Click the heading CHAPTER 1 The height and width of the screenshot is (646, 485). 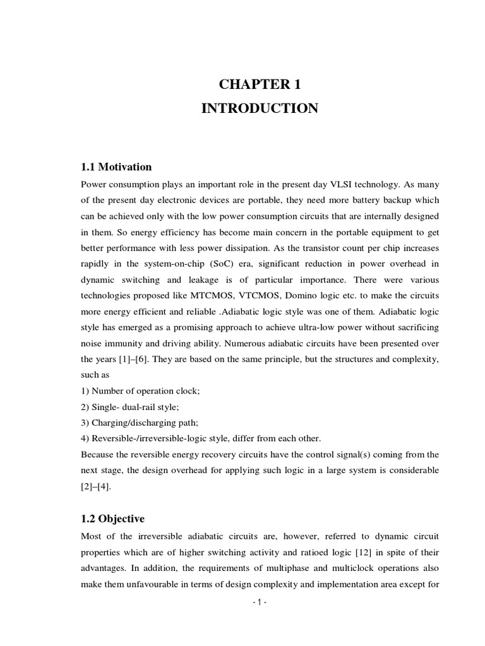tap(260, 85)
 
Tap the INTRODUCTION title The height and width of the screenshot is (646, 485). tap(260, 109)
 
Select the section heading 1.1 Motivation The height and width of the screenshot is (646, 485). tap(117, 167)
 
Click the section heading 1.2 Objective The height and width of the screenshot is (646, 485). tap(113, 519)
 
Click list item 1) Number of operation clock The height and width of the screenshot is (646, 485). tap(140, 391)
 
